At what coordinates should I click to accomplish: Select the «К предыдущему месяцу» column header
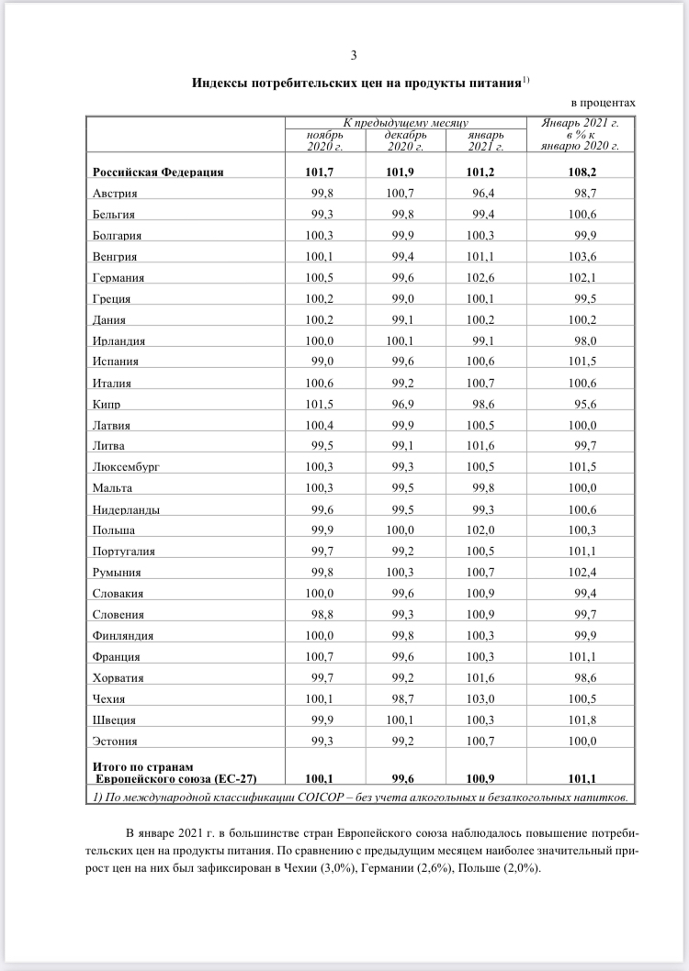click(406, 122)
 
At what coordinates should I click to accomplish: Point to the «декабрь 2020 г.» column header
click(404, 140)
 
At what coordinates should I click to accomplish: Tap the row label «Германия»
click(119, 277)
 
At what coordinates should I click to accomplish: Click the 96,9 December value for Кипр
click(407, 404)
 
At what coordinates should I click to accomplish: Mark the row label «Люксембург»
click(126, 467)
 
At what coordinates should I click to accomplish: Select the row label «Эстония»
click(116, 741)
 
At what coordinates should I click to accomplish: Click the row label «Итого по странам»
click(141, 765)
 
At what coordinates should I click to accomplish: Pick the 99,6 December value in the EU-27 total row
click(406, 777)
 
